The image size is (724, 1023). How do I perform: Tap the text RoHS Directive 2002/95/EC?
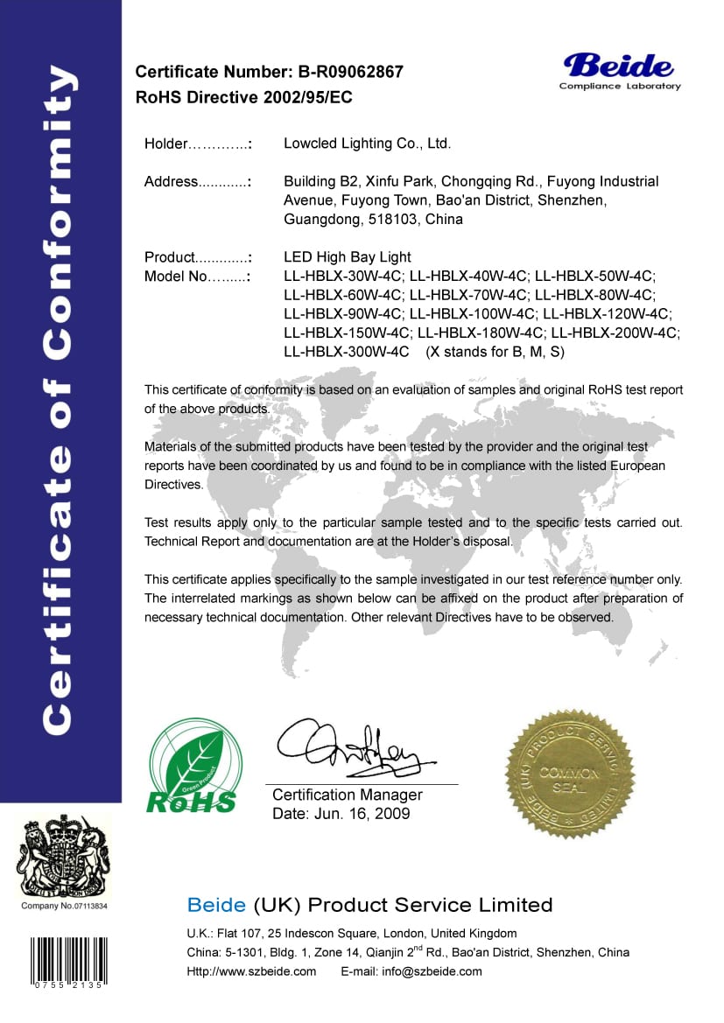click(x=244, y=97)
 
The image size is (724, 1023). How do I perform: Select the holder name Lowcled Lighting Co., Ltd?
click(x=368, y=144)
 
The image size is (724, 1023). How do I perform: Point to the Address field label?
click(x=172, y=182)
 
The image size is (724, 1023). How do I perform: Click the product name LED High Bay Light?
click(x=348, y=257)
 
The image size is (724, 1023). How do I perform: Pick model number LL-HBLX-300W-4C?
click(x=347, y=353)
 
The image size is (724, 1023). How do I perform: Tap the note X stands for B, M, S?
click(x=496, y=353)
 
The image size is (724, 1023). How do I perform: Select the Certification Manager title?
click(x=348, y=795)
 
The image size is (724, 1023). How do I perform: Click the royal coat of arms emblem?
click(x=64, y=858)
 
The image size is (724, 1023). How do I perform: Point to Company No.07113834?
click(x=64, y=906)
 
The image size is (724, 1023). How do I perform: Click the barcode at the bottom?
click(x=65, y=961)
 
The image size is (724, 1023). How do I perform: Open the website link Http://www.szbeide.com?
click(x=252, y=971)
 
